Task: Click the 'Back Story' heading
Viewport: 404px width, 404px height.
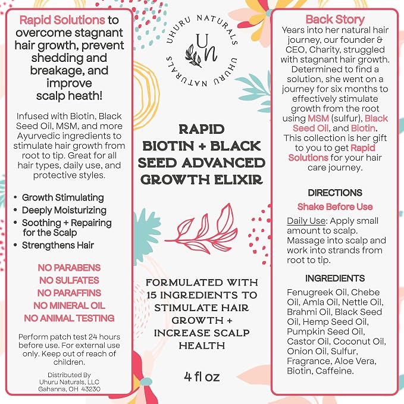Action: (335, 19)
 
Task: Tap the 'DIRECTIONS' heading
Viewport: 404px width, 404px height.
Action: (335, 193)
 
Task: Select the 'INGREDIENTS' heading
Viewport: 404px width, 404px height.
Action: (335, 278)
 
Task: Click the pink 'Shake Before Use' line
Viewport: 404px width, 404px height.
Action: (335, 206)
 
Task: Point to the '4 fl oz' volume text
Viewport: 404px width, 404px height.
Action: (202, 377)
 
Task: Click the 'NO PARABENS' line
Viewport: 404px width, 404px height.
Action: (69, 268)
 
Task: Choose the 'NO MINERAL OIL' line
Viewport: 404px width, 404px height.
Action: (69, 306)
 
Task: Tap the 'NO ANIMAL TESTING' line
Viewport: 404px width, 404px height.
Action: (69, 318)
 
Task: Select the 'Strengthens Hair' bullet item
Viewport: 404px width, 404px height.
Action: (58, 245)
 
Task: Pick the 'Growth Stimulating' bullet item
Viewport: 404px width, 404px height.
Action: (63, 198)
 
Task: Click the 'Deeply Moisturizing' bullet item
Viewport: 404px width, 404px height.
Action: (64, 210)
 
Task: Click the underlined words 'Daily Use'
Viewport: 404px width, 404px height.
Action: (306, 221)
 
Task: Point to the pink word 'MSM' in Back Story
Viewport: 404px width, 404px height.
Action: (318, 118)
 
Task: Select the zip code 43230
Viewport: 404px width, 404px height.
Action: (90, 389)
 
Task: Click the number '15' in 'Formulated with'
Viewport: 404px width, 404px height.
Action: (152, 295)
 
